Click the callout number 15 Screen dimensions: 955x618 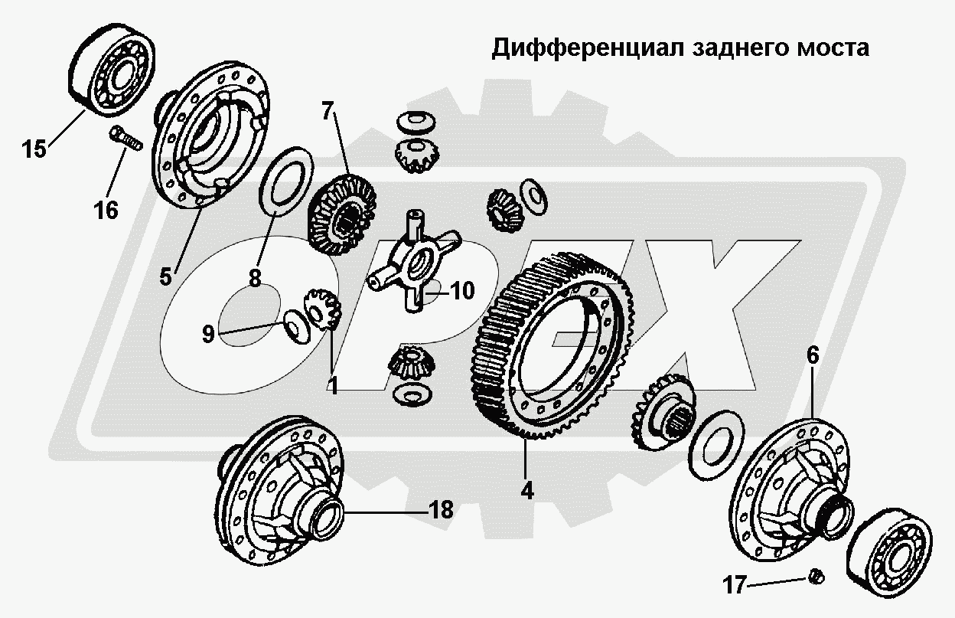point(34,149)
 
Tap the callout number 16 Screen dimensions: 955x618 point(106,211)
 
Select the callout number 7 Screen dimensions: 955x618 point(327,111)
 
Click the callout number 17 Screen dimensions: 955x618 point(735,585)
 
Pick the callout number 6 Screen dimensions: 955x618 point(813,355)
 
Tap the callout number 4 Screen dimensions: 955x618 point(527,491)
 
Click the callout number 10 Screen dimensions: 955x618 point(462,291)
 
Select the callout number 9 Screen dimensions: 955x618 point(208,334)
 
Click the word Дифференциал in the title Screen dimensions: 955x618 point(588,48)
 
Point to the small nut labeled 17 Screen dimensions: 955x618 point(816,577)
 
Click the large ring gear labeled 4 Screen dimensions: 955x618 point(552,345)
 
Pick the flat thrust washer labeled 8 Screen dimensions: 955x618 point(285,181)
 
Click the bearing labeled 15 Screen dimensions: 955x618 point(112,70)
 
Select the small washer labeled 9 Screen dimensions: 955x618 point(297,326)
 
